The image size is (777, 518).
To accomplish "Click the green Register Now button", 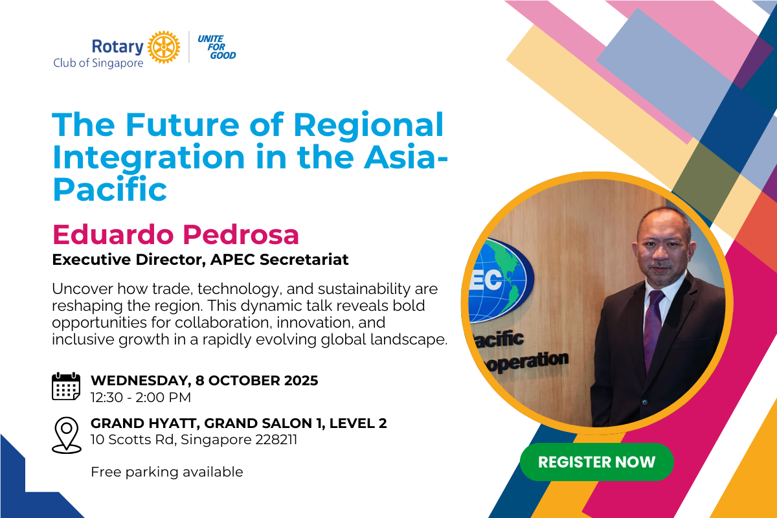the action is pyautogui.click(x=596, y=462).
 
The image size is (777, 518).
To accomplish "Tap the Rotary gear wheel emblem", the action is pyautogui.click(x=164, y=47).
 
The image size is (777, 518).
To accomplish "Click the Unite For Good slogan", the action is pyautogui.click(x=217, y=47).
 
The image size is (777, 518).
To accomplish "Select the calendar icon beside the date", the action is pyautogui.click(x=66, y=386).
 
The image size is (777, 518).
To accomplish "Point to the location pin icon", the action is pyautogui.click(x=67, y=435).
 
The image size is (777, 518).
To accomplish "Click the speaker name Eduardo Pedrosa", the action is pyautogui.click(x=175, y=235).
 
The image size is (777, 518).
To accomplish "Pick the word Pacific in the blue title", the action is pyautogui.click(x=110, y=189).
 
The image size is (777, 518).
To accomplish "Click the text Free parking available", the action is pyautogui.click(x=167, y=472).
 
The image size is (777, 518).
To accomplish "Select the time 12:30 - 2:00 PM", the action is pyautogui.click(x=141, y=398).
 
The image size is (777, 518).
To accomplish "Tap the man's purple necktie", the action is pyautogui.click(x=653, y=330).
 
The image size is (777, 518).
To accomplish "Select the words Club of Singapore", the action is pyautogui.click(x=98, y=63).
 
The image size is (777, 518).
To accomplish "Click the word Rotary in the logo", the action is pyautogui.click(x=118, y=47).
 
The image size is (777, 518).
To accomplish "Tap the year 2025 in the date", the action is pyautogui.click(x=301, y=381).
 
